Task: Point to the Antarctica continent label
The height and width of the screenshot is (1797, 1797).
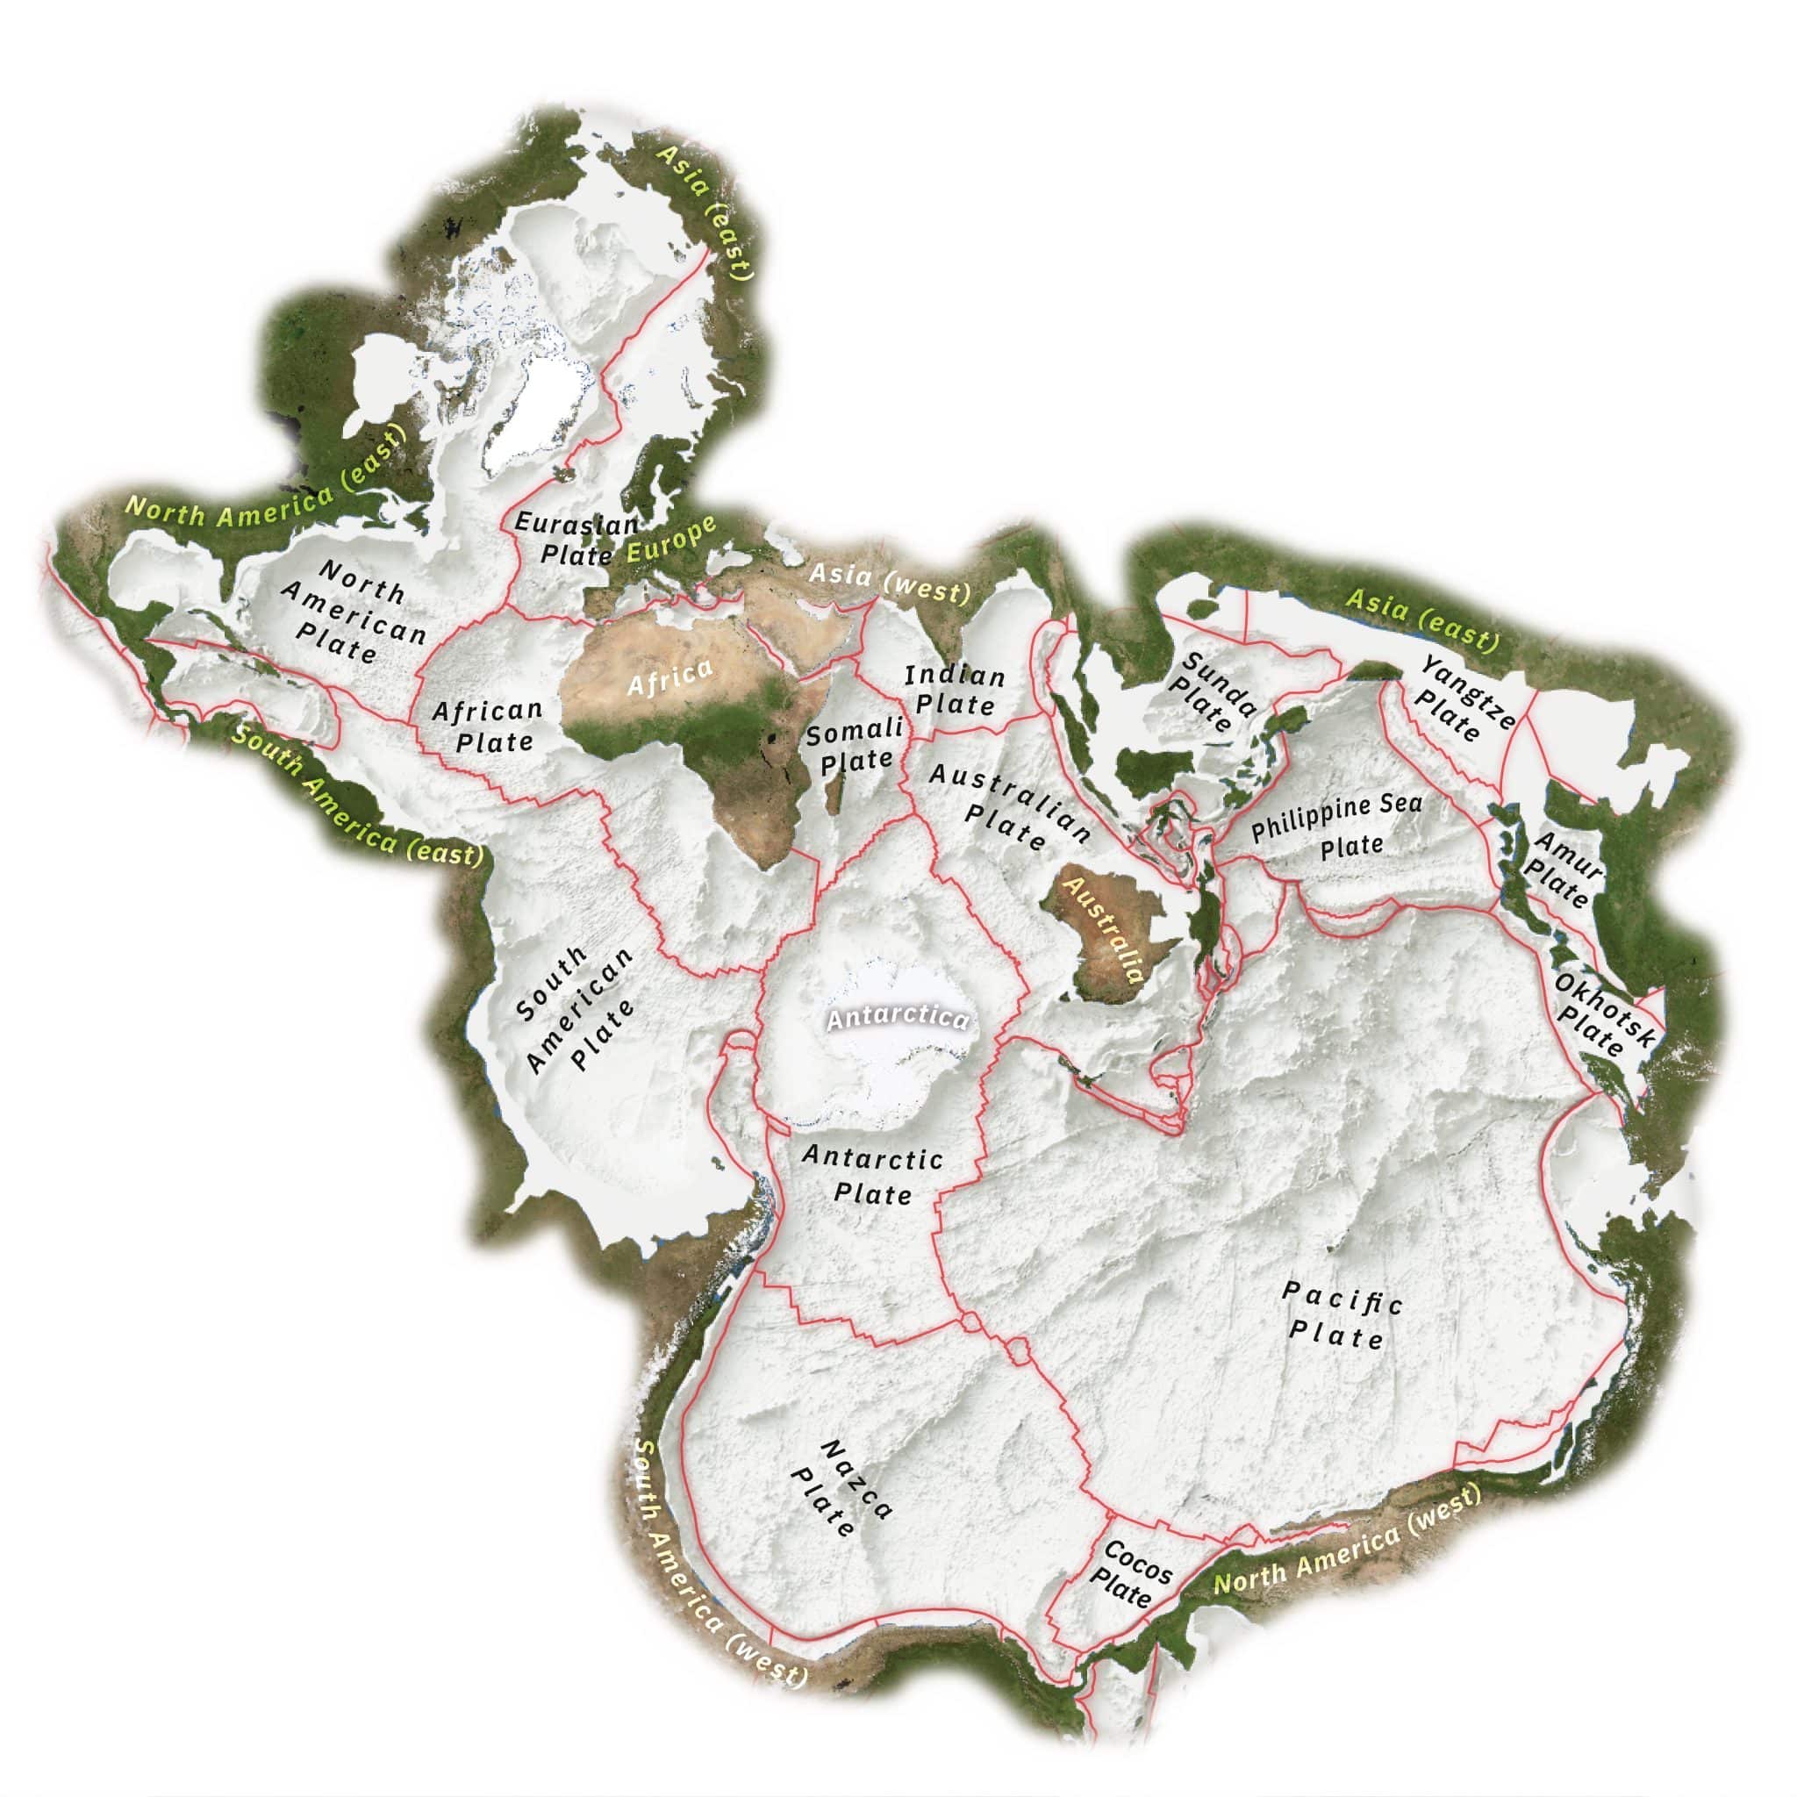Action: point(897,1019)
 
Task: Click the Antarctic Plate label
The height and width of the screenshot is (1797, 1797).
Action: point(872,1176)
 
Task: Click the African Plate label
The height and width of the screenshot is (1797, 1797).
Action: point(490,727)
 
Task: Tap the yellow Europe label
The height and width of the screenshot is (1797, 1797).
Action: point(671,541)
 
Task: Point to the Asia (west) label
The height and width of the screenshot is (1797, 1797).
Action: point(888,582)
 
